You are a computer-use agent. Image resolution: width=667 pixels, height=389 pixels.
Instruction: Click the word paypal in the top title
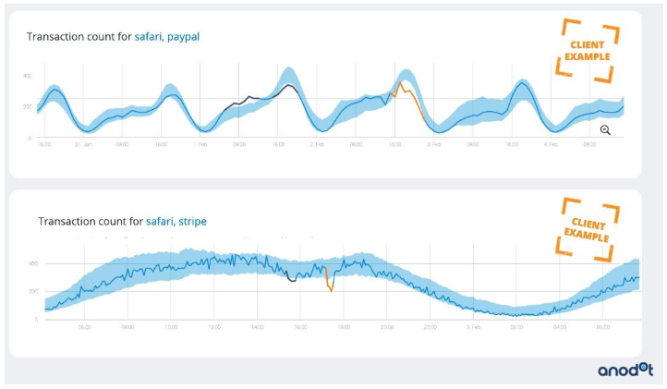[183, 37]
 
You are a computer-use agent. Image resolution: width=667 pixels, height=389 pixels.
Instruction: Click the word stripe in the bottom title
[191, 221]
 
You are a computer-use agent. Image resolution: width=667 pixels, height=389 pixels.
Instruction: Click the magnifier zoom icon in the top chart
[605, 130]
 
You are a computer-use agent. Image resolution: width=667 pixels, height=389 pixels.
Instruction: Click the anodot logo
[624, 369]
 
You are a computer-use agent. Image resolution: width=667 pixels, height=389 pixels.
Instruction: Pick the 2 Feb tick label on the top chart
[317, 145]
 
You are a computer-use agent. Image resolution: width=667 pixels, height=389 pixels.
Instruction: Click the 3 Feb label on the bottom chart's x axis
[473, 327]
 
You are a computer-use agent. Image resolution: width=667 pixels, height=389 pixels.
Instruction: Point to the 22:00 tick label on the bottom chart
[430, 327]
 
